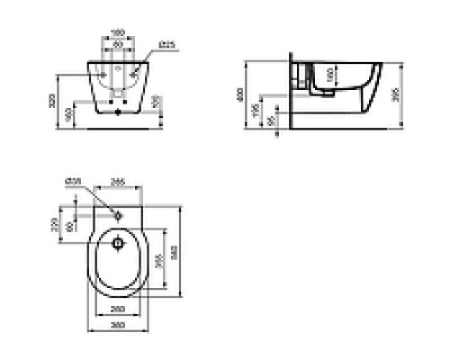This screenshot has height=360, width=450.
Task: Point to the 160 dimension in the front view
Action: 70,115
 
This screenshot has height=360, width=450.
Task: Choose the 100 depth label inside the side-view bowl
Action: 329,75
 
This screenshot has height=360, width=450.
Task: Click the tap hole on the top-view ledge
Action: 118,216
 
